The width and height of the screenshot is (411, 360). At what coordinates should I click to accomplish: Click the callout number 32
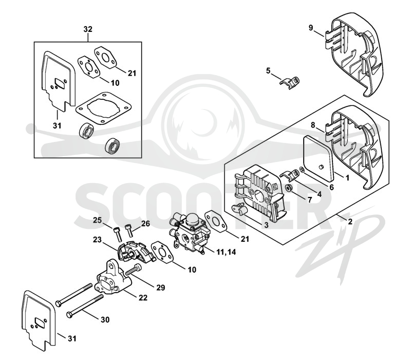88,29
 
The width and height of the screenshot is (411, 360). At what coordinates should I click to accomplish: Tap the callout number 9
311,28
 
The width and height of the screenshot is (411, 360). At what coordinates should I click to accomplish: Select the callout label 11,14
226,252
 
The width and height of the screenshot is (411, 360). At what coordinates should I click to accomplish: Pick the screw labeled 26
129,231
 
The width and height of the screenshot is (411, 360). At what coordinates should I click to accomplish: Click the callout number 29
161,287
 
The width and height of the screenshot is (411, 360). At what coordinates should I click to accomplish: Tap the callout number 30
105,319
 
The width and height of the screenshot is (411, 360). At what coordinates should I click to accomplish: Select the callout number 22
143,298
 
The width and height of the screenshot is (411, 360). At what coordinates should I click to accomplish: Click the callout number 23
97,240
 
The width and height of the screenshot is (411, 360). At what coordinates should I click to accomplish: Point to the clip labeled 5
289,83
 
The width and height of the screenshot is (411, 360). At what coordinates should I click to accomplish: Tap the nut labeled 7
289,188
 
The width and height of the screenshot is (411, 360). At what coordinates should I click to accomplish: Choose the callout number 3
266,225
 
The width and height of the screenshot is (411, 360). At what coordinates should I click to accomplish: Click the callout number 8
313,125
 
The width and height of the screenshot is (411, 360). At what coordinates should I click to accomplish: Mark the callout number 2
350,222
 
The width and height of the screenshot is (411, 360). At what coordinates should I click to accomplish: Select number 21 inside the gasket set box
132,73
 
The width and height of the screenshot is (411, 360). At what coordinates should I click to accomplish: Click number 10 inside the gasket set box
115,83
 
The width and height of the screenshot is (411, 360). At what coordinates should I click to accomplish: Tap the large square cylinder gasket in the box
103,108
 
